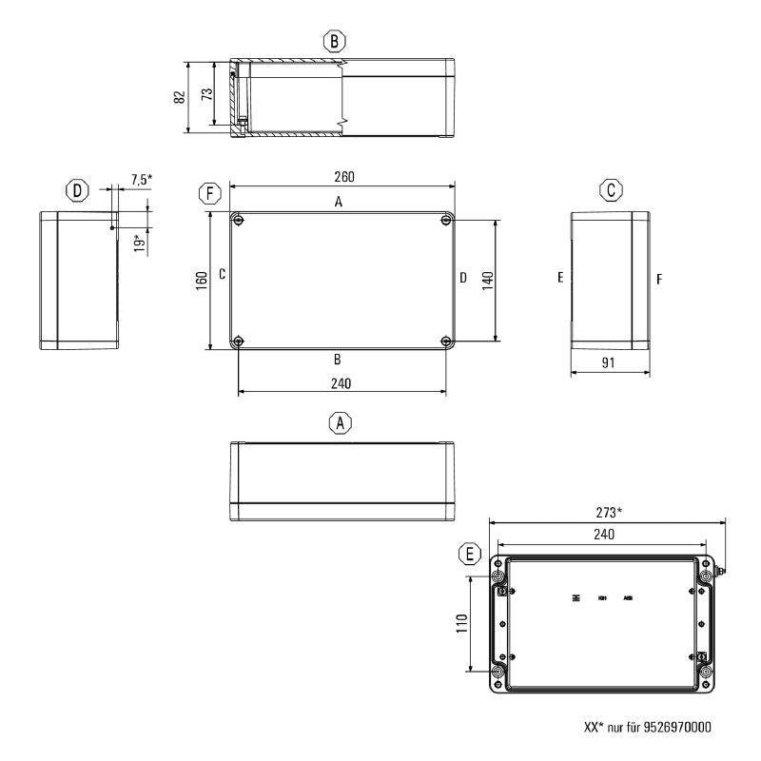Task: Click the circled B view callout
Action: (334, 41)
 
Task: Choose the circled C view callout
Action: (612, 190)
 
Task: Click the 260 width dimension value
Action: (340, 178)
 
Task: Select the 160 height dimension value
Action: (202, 282)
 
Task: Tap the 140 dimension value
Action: (487, 281)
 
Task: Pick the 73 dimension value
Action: (208, 96)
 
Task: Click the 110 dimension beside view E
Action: (460, 623)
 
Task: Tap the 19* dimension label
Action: (139, 243)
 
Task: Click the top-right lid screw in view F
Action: (446, 221)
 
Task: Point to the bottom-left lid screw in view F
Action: (238, 341)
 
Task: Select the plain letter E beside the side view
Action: (561, 279)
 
